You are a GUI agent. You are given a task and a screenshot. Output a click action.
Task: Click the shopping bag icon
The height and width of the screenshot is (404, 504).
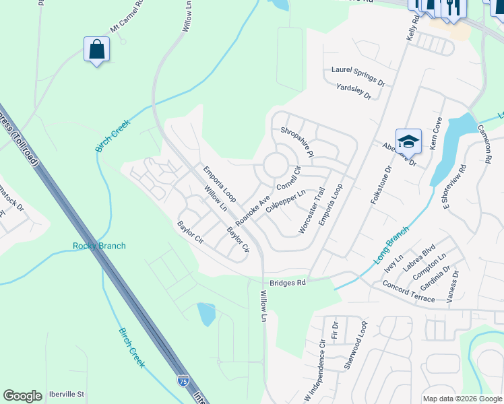[97, 49]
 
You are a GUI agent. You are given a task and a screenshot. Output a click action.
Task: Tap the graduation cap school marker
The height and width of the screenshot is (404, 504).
[408, 141]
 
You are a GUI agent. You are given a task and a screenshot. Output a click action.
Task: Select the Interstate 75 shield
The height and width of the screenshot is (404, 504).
[183, 381]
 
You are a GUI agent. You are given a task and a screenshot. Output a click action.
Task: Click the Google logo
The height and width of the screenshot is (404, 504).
[23, 396]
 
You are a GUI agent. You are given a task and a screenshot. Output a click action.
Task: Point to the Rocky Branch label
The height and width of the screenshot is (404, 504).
[99, 246]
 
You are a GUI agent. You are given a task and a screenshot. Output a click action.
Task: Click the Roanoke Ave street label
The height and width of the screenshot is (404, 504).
[253, 210]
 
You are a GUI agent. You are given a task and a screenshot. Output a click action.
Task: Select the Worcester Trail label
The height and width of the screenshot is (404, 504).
[312, 211]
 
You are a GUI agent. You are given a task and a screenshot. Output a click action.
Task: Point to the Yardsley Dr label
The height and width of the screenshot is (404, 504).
[354, 92]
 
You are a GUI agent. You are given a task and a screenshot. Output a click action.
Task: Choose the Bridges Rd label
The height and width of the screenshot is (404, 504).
[288, 283]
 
